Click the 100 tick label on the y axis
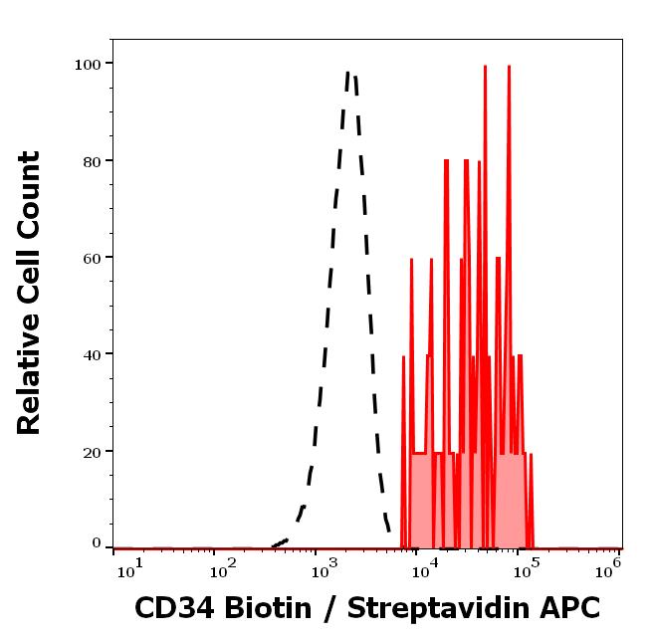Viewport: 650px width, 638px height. pos(87,64)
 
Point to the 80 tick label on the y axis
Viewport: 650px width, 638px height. pos(91,160)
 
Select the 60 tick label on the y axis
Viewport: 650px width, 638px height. pos(91,258)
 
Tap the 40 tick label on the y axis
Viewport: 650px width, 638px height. pos(91,354)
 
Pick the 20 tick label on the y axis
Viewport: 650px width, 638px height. pos(91,451)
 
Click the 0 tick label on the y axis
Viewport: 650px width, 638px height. pos(96,543)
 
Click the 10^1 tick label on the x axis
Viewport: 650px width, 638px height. pos(129,568)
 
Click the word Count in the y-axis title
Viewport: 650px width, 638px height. pos(30,193)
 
